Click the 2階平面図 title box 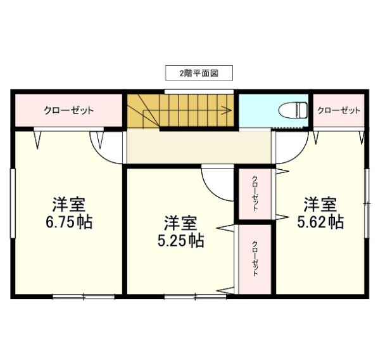[x=199, y=73]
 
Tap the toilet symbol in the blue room [x=293, y=110]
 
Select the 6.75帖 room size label [x=69, y=222]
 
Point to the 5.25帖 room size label [x=181, y=241]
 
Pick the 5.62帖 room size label [x=320, y=222]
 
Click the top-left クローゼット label [x=68, y=110]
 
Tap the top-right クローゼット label [x=339, y=110]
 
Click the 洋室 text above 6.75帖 [x=69, y=205]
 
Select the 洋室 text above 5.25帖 [x=181, y=223]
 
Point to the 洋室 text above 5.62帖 [x=320, y=205]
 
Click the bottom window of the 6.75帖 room [x=84, y=297]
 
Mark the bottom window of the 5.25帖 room [x=196, y=297]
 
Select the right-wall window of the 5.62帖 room [x=367, y=203]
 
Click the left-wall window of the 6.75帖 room [x=13, y=203]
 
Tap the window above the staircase [x=199, y=92]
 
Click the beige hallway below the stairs [x=199, y=146]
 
